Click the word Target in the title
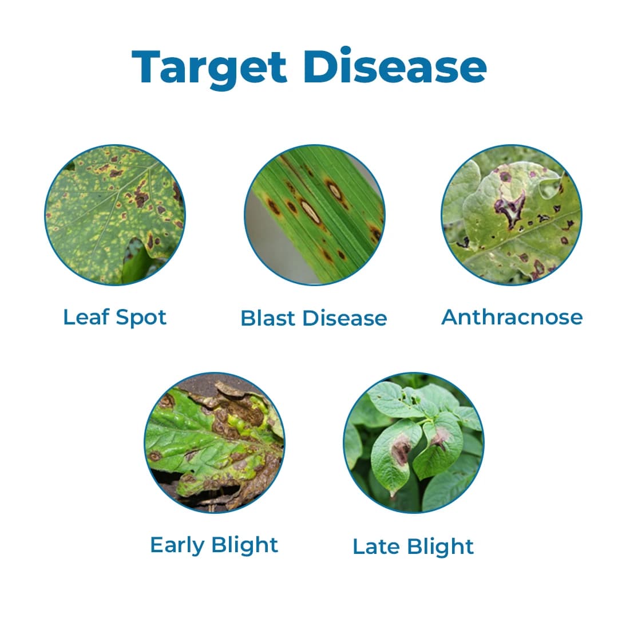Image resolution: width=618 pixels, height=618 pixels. pos(209,68)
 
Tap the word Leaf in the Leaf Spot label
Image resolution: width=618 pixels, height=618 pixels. pos(82,316)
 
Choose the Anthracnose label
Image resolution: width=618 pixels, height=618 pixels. pos(512,316)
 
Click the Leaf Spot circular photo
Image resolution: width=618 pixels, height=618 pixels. pos(115,215)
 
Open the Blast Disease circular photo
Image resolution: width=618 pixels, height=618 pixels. pos(314,215)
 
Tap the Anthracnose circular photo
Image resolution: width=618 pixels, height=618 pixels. pos(512,215)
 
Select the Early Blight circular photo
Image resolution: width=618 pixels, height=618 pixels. pos(214,442)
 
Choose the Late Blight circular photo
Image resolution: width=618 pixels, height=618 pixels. pos(414,442)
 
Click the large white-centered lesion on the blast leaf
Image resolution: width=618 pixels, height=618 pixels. pos(310,211)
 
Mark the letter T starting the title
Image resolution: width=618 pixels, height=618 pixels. pos(146,68)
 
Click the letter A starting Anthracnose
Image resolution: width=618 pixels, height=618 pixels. pos(450,316)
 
